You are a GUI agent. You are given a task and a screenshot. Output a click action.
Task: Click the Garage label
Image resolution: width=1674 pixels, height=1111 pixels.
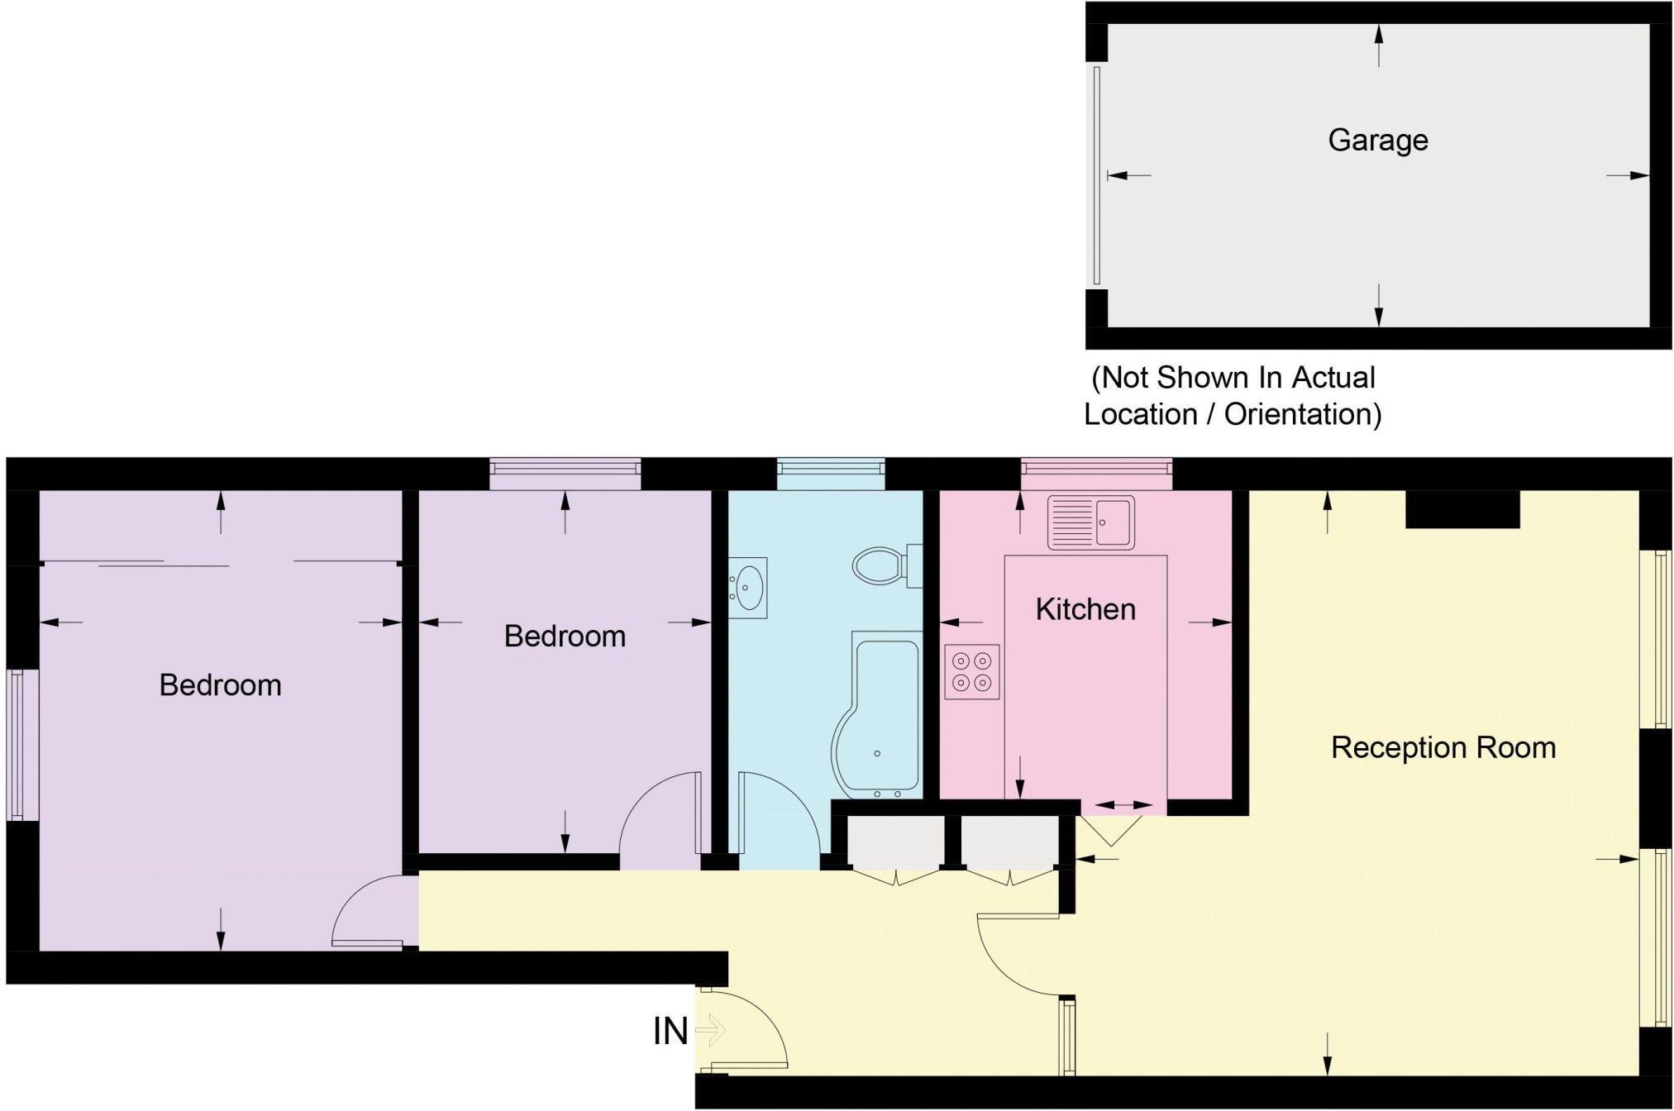1378,141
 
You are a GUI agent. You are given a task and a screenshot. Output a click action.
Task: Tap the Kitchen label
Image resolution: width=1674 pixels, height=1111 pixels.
1085,609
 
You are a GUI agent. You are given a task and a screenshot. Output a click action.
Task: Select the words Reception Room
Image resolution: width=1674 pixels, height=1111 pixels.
1443,748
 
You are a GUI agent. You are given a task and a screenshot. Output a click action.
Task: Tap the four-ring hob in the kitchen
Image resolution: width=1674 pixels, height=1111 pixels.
972,671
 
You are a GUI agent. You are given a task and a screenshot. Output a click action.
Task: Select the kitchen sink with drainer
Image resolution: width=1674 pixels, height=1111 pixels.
1091,522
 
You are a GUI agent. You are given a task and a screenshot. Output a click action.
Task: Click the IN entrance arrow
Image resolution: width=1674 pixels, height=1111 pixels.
711,1031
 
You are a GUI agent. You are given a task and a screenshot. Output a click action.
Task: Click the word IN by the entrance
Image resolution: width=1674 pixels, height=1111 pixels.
670,1031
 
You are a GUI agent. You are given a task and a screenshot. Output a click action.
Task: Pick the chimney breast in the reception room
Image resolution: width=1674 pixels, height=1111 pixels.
1462,509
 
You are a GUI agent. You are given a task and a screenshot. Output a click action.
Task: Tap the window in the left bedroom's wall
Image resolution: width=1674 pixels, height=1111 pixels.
22,744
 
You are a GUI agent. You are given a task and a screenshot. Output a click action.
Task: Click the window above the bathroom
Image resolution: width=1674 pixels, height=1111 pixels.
831,474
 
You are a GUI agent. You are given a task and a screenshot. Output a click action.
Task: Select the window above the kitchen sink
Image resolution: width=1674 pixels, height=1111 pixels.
1096,474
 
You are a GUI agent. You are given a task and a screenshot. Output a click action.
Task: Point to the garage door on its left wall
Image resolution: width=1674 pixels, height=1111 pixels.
1097,175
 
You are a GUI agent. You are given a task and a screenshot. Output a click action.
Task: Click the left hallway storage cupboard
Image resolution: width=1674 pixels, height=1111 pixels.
896,840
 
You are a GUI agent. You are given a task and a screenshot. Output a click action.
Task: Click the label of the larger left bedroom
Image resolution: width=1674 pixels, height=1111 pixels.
220,685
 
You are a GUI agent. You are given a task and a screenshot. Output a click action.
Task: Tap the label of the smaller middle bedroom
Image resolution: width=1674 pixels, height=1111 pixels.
565,637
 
